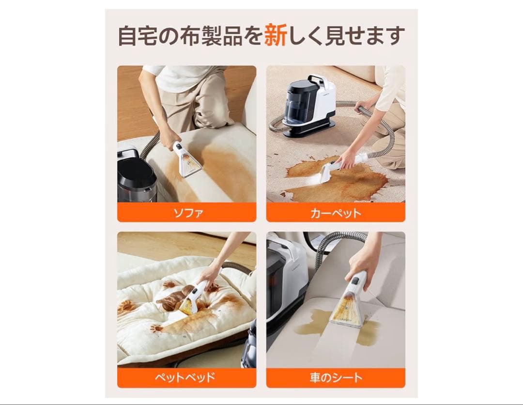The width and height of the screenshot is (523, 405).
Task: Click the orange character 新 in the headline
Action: point(276,36)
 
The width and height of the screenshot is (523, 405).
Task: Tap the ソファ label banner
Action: point(186,212)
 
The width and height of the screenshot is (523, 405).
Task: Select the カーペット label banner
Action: point(336,212)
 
